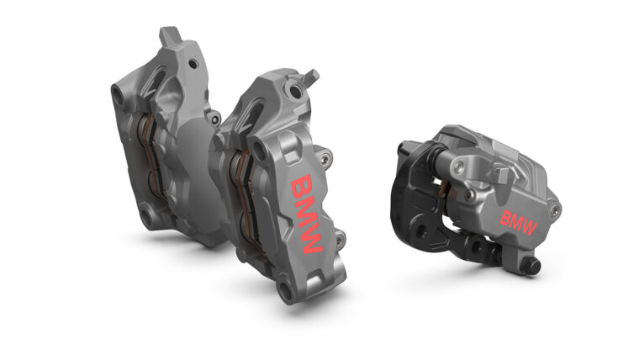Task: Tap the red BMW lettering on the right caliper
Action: pos(519,220)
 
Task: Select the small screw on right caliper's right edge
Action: pos(553,204)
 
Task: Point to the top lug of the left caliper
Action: pos(167,35)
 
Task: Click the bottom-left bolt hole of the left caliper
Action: pos(149,220)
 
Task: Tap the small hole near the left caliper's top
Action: pos(193,63)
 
